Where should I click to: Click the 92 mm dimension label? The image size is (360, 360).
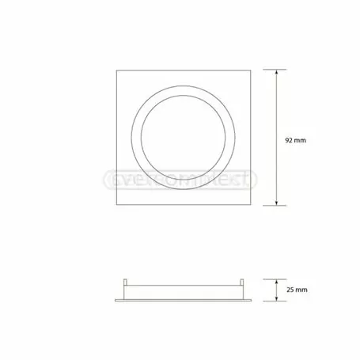click(294, 139)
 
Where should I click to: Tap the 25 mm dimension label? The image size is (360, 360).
click(294, 290)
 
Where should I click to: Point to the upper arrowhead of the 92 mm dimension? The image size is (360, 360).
click(276, 72)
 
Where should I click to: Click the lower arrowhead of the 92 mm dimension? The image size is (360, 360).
click(276, 206)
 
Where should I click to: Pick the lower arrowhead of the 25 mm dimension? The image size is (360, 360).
click(276, 298)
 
